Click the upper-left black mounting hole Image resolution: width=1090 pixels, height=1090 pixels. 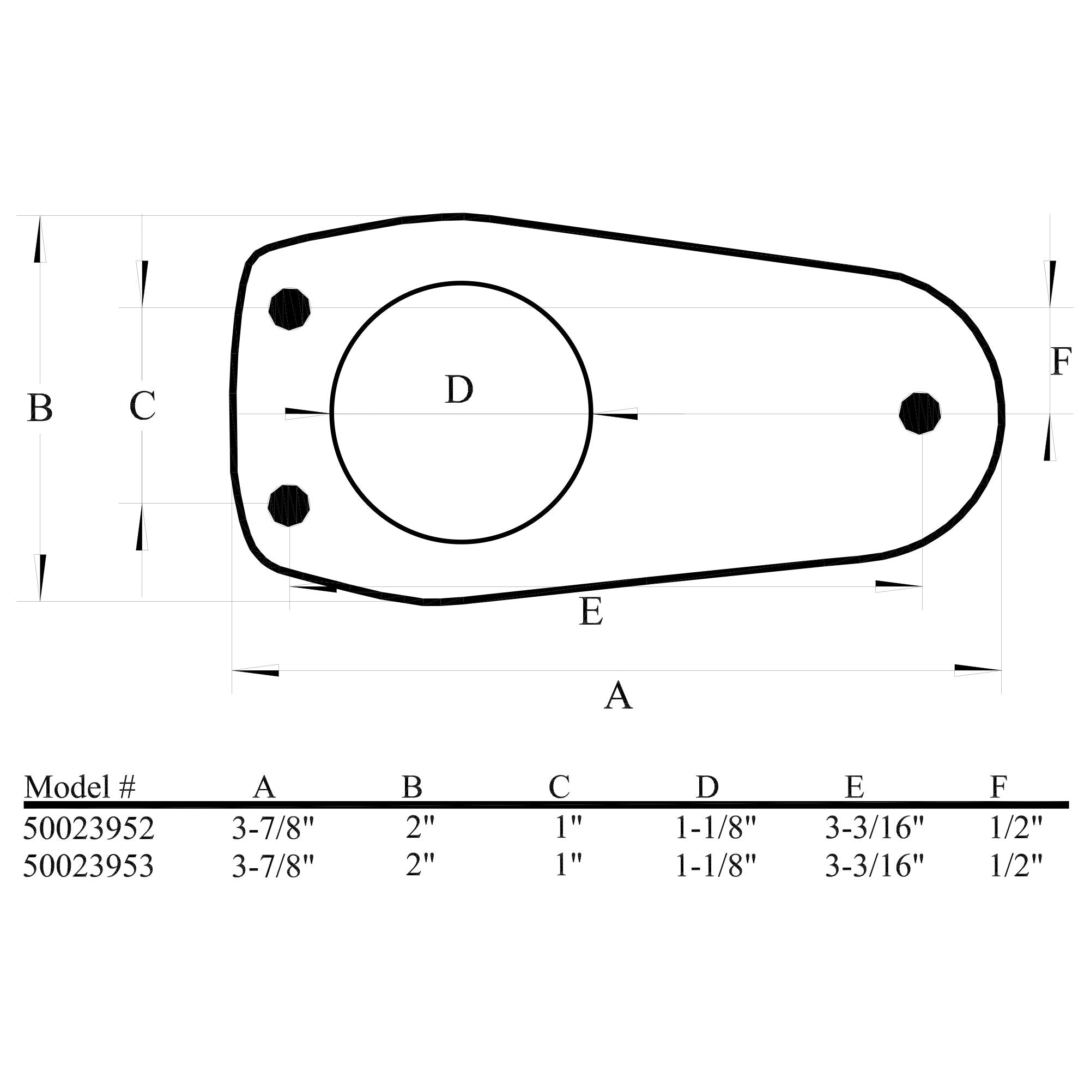pyautogui.click(x=289, y=309)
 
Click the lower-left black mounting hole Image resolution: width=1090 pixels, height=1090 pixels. pyautogui.click(x=289, y=505)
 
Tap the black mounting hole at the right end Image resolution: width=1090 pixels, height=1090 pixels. pyautogui.click(x=920, y=414)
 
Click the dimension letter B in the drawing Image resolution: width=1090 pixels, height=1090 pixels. pyautogui.click(x=40, y=408)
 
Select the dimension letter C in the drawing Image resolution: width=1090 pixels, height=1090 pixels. pyautogui.click(x=142, y=406)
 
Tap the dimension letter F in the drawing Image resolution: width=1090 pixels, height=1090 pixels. pyautogui.click(x=1061, y=362)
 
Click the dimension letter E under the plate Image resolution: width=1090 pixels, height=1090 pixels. pyautogui.click(x=591, y=611)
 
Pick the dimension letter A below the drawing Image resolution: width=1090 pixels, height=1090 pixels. pyautogui.click(x=618, y=695)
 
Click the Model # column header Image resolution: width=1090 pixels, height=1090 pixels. pyautogui.click(x=80, y=786)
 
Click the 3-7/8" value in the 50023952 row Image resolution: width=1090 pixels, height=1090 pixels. pyautogui.click(x=272, y=828)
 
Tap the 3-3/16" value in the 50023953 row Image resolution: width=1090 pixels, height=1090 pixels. pyautogui.click(x=875, y=866)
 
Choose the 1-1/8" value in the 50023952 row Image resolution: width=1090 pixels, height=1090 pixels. pyautogui.click(x=715, y=828)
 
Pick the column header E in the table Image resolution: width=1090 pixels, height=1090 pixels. pyautogui.click(x=854, y=786)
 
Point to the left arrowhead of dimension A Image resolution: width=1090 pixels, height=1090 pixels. pyautogui.click(x=255, y=671)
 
